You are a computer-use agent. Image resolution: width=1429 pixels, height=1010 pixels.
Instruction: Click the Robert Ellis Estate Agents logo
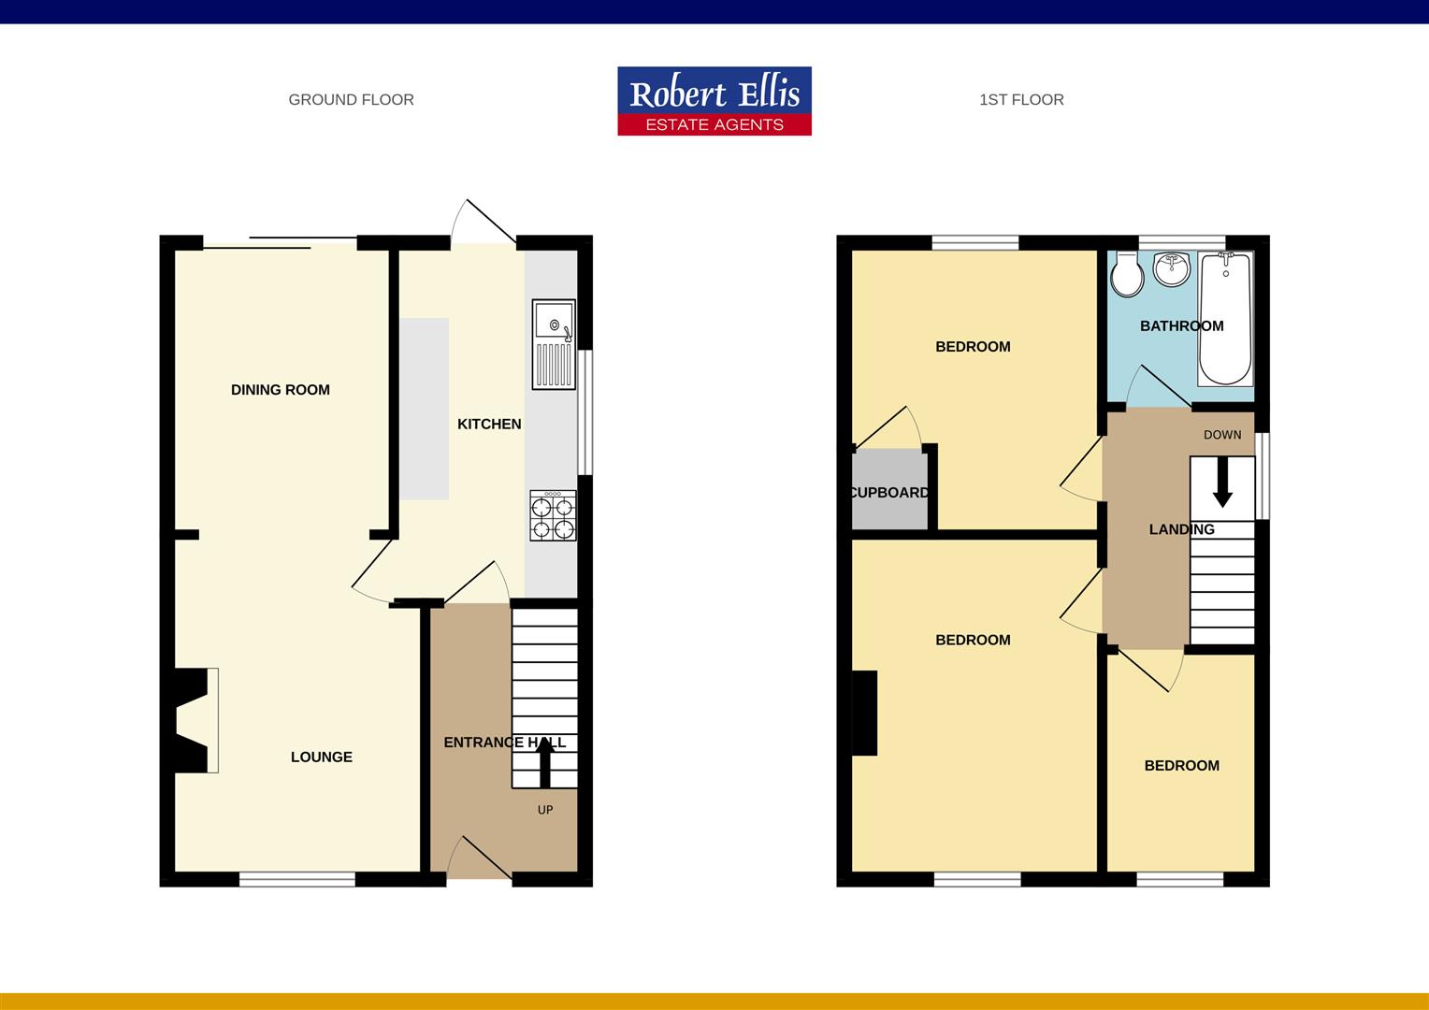click(714, 101)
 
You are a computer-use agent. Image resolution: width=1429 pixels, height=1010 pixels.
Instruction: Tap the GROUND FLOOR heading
click(351, 100)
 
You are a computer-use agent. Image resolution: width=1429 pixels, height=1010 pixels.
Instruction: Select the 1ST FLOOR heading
click(1021, 100)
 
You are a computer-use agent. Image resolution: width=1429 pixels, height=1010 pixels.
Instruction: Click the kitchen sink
click(554, 343)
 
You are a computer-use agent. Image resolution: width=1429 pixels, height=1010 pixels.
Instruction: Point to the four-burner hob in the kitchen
click(553, 516)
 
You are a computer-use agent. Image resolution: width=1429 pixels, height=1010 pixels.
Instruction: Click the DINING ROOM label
click(281, 390)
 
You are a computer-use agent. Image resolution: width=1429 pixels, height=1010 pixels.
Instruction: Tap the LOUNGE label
click(321, 757)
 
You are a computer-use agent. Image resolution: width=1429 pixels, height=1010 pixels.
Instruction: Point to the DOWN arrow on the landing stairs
click(1222, 484)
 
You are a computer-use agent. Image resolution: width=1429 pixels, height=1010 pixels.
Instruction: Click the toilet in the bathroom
click(1126, 275)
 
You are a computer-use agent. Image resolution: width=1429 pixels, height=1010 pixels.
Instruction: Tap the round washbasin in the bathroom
click(1171, 270)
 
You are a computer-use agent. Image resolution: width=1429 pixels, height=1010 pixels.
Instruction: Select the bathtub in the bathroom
click(1225, 320)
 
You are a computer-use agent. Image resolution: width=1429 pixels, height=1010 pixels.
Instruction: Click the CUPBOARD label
click(889, 493)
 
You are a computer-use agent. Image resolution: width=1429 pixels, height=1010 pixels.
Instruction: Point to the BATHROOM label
click(1181, 326)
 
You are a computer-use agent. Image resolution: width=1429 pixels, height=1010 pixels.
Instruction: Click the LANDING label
click(1181, 529)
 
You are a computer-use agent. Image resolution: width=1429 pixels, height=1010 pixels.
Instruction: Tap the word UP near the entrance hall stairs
click(545, 810)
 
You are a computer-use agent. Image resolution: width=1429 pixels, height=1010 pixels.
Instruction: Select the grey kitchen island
click(425, 410)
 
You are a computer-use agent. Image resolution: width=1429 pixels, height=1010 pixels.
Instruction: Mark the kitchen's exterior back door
click(484, 224)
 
